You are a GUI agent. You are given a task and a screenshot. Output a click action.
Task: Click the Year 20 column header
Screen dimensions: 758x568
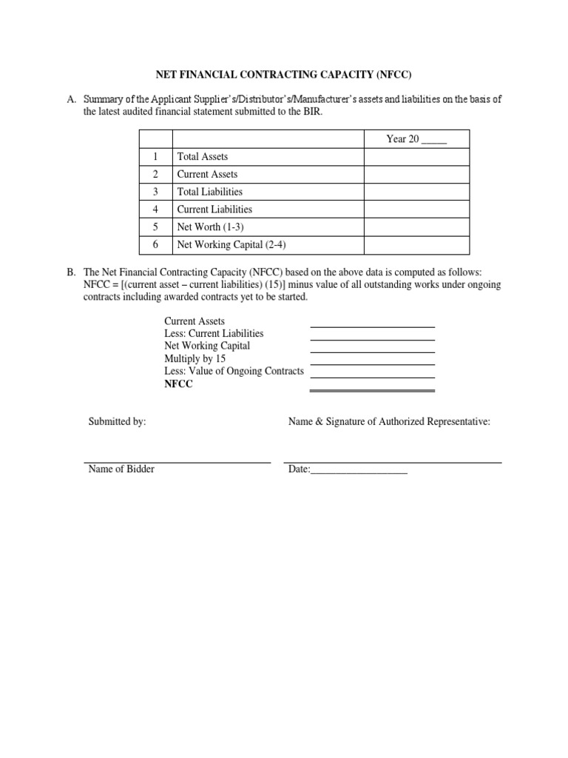click(x=416, y=139)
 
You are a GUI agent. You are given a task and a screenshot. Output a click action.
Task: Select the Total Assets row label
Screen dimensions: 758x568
click(x=203, y=157)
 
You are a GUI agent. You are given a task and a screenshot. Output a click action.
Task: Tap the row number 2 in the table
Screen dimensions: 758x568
click(x=155, y=175)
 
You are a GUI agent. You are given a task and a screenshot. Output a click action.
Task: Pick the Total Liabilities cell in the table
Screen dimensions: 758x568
click(x=209, y=192)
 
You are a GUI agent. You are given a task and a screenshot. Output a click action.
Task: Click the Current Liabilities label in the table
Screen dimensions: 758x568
click(x=214, y=209)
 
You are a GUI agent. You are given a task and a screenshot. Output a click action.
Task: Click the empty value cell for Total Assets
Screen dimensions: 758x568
click(x=416, y=157)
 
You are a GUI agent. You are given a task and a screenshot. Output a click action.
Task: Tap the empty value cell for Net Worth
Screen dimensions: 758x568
click(x=416, y=227)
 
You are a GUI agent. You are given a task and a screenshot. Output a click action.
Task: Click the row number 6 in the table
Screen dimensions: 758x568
click(x=155, y=245)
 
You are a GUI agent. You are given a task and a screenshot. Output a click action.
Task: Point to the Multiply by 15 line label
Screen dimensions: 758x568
click(x=195, y=358)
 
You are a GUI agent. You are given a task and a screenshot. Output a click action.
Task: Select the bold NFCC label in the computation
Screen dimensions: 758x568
click(x=178, y=383)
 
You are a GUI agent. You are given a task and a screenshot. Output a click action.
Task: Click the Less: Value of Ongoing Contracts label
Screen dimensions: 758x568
click(x=234, y=371)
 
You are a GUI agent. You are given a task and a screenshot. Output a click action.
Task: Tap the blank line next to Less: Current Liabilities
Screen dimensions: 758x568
click(x=372, y=338)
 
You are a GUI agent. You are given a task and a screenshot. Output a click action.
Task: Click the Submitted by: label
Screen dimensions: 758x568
click(x=117, y=421)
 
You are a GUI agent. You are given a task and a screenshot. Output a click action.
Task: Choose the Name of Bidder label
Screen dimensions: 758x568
click(x=121, y=469)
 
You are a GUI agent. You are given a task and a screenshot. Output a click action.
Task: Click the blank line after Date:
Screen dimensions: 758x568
click(x=359, y=472)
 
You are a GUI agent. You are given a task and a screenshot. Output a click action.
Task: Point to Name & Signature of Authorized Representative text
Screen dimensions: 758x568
click(x=389, y=421)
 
